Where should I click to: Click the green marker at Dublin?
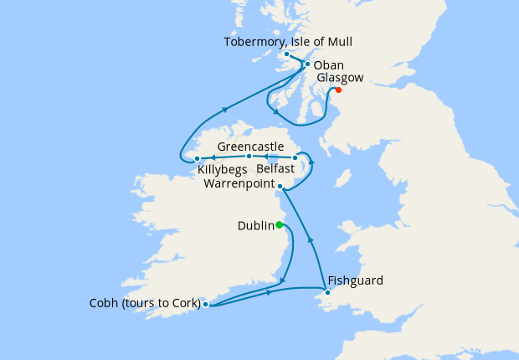click(280, 224)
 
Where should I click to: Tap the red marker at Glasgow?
click(338, 90)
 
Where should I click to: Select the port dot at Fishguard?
click(327, 292)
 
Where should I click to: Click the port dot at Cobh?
click(205, 305)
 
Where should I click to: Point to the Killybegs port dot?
click(196, 158)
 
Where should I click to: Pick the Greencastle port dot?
click(249, 157)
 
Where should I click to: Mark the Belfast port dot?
click(295, 157)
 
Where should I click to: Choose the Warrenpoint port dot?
click(280, 186)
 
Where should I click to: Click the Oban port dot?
click(307, 64)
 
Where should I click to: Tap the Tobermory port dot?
click(286, 54)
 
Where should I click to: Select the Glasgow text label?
click(342, 78)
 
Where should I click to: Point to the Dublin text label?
click(255, 225)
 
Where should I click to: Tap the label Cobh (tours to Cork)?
click(145, 304)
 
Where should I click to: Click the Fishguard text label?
click(356, 280)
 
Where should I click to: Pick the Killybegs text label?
click(223, 170)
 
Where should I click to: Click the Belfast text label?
click(275, 169)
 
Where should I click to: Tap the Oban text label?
click(328, 65)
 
